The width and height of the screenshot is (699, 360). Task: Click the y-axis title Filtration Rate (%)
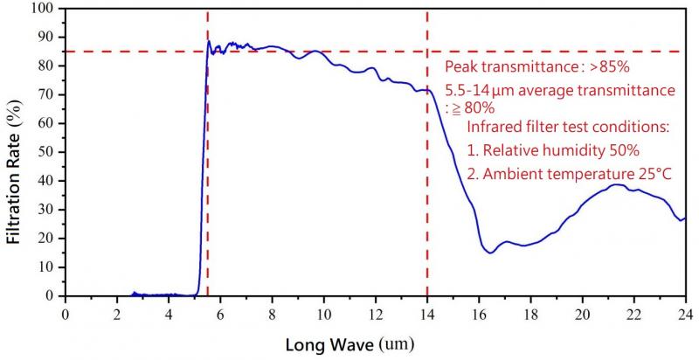[x=15, y=154]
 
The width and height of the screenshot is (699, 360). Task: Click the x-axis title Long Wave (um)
[x=353, y=345]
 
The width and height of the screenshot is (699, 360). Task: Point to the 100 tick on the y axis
[x=43, y=9]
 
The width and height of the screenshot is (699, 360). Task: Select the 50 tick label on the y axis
[x=45, y=152]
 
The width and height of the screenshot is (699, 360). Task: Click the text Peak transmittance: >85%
[x=520, y=66]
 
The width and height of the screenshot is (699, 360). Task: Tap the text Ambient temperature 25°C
[x=569, y=174]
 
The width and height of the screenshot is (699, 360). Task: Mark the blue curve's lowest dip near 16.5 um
[x=491, y=253]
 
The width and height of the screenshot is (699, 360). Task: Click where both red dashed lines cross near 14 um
[x=426, y=52]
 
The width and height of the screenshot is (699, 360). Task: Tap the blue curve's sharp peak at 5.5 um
[x=209, y=41]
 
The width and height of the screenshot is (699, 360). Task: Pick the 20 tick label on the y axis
[x=45, y=239]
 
